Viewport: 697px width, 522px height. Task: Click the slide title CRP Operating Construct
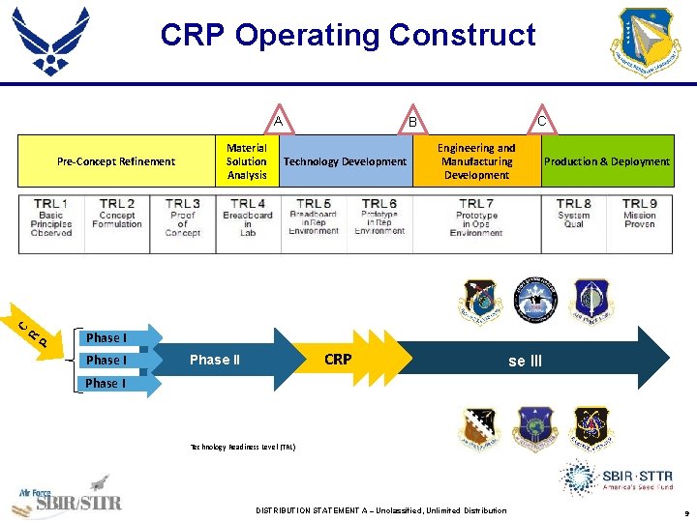click(348, 36)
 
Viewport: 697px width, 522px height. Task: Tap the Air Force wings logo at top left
click(50, 39)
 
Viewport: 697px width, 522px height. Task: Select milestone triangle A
click(278, 121)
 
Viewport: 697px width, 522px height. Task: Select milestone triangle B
click(411, 121)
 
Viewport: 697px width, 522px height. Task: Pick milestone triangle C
click(541, 121)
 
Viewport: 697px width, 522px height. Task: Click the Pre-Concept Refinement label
click(116, 161)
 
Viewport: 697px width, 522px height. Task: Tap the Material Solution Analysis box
click(247, 161)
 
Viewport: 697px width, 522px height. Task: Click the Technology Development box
click(345, 161)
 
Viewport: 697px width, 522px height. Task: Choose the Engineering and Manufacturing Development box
click(476, 161)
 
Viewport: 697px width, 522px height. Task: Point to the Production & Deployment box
click(607, 161)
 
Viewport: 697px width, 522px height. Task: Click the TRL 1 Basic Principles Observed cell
click(51, 218)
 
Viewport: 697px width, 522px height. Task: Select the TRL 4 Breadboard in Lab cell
click(248, 218)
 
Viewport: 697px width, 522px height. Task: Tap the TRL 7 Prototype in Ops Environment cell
click(476, 218)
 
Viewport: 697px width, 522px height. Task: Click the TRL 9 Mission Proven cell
click(640, 218)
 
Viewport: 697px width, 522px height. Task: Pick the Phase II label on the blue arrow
click(215, 360)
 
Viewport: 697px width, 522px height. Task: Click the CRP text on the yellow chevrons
click(338, 360)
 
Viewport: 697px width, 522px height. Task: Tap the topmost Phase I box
click(106, 337)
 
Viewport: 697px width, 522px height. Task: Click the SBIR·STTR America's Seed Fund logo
click(615, 479)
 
